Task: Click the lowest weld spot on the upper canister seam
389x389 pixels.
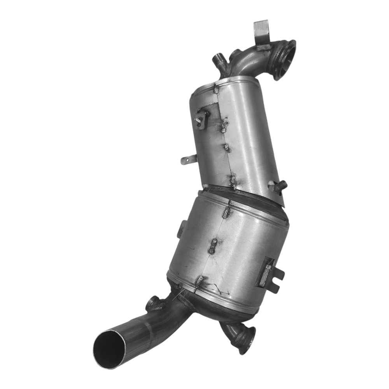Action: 233,181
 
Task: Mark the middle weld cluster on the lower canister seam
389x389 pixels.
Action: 213,246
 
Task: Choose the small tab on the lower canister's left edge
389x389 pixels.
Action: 181,230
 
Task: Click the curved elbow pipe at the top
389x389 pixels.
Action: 249,62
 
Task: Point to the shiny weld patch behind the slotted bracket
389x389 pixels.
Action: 266,272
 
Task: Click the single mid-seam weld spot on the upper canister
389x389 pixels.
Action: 226,147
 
